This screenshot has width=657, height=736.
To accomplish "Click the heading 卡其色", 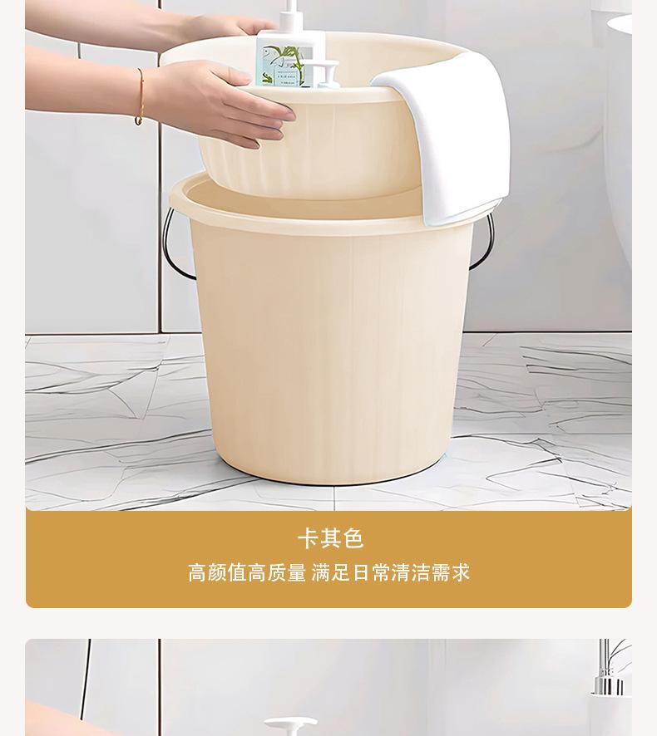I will point(330,538).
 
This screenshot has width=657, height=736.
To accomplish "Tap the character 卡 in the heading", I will point(309,538).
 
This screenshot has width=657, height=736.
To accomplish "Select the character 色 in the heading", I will point(353,538).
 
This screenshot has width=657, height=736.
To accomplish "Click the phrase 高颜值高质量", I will point(246,573).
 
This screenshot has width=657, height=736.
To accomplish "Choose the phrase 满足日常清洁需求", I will point(391,573).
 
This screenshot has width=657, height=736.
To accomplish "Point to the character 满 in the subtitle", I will point(322,573).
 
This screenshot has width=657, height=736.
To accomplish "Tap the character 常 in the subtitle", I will point(382,573).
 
